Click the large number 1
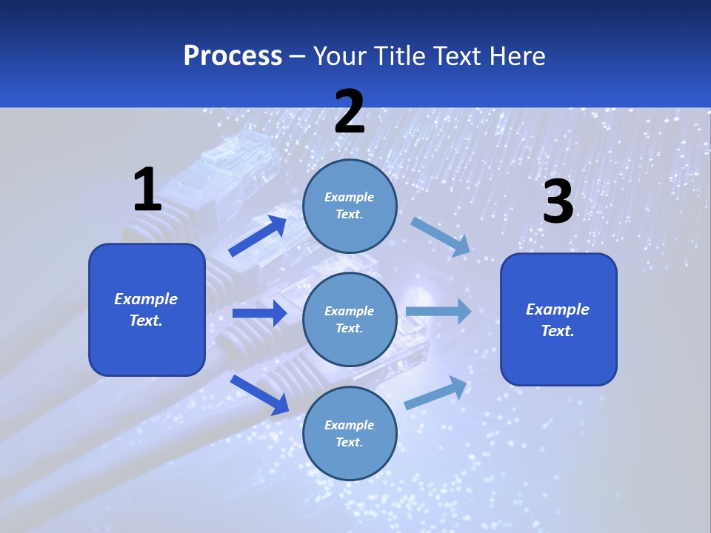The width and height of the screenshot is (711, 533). pyautogui.click(x=147, y=190)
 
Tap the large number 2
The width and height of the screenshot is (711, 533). pyautogui.click(x=350, y=112)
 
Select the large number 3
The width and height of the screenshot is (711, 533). pyautogui.click(x=558, y=202)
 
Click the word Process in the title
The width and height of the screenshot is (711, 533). pyautogui.click(x=233, y=56)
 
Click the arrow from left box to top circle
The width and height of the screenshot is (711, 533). pyautogui.click(x=258, y=236)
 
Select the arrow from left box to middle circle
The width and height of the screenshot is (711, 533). pyautogui.click(x=259, y=313)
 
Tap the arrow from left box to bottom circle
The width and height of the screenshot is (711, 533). pyautogui.click(x=259, y=394)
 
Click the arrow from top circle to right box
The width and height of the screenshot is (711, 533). pyautogui.click(x=440, y=236)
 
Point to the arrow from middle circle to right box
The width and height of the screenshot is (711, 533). pyautogui.click(x=438, y=311)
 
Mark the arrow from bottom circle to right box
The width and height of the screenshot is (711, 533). pyautogui.click(x=436, y=392)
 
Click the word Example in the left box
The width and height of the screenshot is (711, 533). pyautogui.click(x=146, y=299)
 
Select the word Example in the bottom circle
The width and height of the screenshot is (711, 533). pyautogui.click(x=349, y=425)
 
